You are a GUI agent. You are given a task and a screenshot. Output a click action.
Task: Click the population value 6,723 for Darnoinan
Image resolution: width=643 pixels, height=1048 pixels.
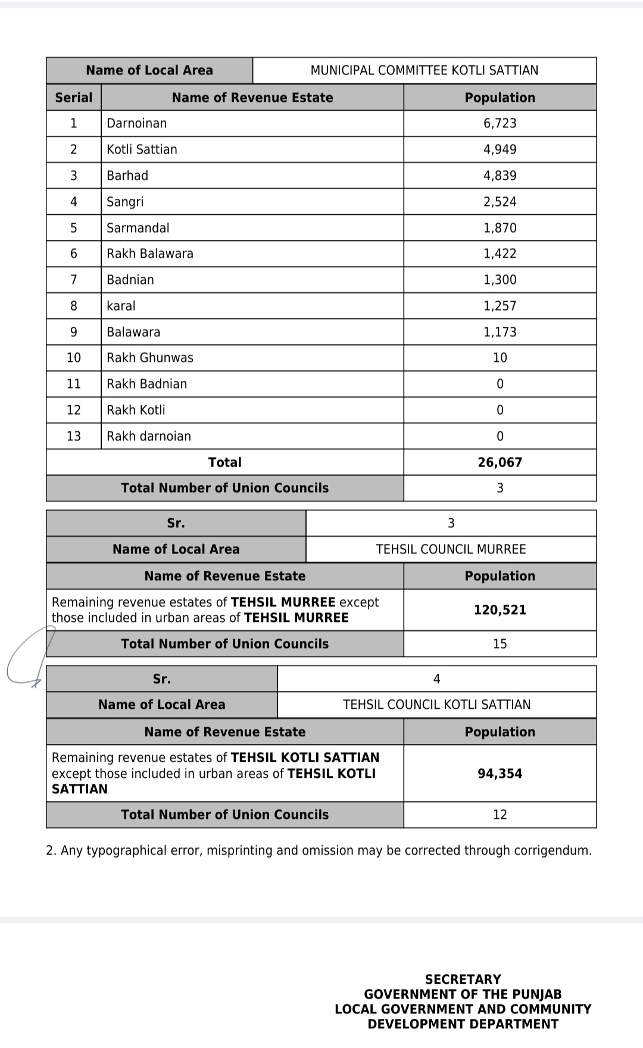[500, 123]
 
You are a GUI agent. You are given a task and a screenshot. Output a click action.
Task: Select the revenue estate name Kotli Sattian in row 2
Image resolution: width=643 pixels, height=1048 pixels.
[142, 149]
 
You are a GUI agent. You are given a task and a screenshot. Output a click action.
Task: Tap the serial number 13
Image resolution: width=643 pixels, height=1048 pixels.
[74, 436]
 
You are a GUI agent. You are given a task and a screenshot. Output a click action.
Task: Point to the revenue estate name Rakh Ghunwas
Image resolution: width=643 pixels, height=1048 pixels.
[150, 358]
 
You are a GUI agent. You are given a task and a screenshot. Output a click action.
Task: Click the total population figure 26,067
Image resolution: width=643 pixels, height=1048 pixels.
[500, 462]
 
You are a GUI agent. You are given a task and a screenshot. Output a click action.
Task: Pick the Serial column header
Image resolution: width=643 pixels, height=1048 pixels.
[74, 98]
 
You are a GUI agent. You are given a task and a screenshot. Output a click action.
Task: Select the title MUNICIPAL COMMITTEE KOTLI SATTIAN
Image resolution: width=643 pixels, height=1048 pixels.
[424, 70]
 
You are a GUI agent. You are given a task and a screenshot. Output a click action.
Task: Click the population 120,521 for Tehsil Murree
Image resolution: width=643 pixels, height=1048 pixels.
[500, 610]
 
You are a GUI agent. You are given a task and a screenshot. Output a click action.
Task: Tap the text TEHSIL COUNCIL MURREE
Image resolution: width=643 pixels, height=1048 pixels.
[451, 549]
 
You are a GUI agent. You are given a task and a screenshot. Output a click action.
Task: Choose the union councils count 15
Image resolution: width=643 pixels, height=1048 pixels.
[500, 644]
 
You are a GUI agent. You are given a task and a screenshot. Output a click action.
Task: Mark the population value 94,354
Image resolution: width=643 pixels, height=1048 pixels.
[500, 774]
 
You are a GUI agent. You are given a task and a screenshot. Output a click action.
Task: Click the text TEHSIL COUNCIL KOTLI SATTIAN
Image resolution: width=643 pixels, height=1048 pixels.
[436, 705]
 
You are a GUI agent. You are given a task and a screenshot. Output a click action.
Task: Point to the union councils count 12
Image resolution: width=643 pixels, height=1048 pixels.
[500, 815]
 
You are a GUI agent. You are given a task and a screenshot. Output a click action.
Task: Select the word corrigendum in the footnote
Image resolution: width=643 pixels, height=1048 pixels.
[557, 850]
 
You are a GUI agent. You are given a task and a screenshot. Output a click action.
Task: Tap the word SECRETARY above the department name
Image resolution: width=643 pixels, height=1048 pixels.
[463, 979]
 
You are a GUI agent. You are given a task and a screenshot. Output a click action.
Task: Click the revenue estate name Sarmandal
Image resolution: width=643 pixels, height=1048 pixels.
[138, 228]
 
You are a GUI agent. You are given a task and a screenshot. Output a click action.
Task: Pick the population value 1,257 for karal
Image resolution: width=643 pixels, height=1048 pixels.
[500, 306]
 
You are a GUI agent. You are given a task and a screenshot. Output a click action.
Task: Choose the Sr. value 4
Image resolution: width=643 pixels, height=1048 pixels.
[436, 679]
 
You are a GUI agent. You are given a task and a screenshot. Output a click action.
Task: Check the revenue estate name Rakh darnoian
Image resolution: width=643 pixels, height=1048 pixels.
[149, 436]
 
